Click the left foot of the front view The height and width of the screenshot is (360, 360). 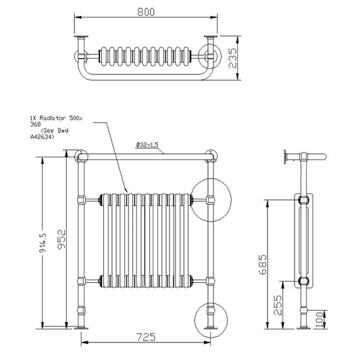[81, 328]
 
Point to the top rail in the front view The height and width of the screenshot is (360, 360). [146, 156]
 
